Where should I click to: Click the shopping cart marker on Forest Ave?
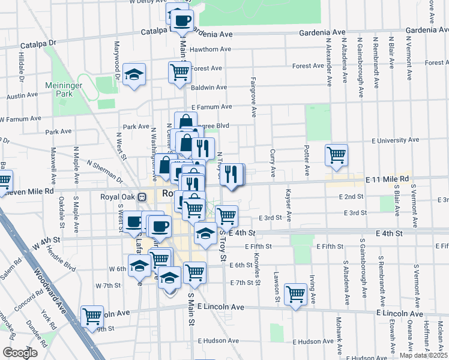point(179,71)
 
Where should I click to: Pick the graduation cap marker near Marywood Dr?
point(134,74)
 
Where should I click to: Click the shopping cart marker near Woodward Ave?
point(92,316)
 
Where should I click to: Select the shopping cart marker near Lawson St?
point(295,293)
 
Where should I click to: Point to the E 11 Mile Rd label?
point(387,179)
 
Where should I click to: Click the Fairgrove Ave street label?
point(253,96)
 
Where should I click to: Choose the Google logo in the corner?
point(20,353)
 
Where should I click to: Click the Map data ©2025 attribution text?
point(423,355)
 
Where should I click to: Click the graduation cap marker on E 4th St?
point(205,232)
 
